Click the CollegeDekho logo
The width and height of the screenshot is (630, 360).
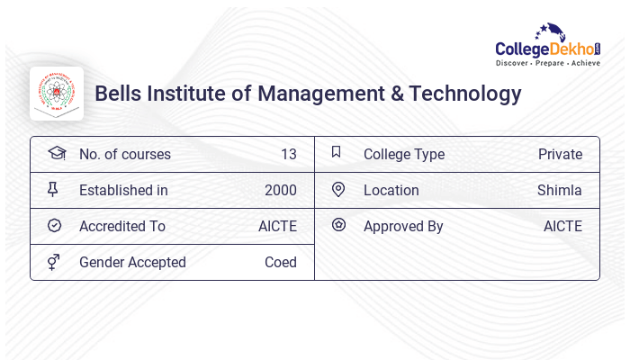click(x=548, y=46)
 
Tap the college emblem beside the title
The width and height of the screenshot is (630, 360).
click(x=57, y=94)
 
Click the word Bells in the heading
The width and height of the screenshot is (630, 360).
click(x=117, y=94)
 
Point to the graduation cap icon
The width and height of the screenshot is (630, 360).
click(x=56, y=153)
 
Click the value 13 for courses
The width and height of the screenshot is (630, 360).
click(x=288, y=154)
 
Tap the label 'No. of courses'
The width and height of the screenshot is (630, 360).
click(x=124, y=154)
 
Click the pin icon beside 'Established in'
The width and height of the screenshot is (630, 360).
click(x=53, y=189)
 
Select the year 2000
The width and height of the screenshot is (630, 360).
click(x=281, y=190)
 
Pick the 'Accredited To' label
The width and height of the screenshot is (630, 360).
click(x=121, y=226)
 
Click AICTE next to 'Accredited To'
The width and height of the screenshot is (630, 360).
click(x=277, y=226)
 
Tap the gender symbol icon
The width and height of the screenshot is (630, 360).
click(x=54, y=262)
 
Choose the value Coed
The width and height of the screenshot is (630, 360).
click(x=280, y=262)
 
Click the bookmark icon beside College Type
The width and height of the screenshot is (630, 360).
click(x=337, y=152)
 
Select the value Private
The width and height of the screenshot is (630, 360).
click(x=560, y=154)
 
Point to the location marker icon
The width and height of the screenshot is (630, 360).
click(x=337, y=189)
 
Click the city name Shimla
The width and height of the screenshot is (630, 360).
click(x=559, y=190)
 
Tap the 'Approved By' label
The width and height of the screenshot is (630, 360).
click(x=403, y=226)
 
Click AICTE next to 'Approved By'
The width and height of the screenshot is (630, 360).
click(x=562, y=226)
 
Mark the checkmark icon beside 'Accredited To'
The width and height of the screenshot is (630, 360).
click(x=54, y=225)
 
